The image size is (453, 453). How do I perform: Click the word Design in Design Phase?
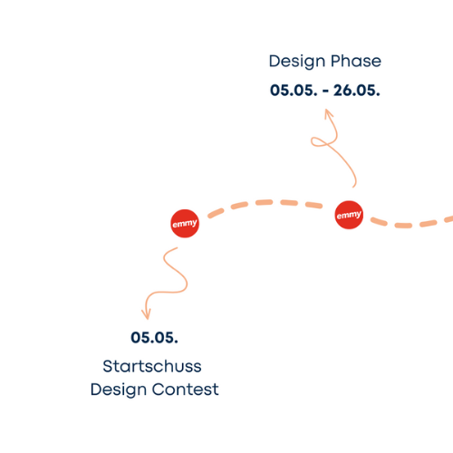297,62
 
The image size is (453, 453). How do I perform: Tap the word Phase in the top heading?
356,61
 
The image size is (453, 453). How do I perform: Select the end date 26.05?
357,91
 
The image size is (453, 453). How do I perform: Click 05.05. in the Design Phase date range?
294,91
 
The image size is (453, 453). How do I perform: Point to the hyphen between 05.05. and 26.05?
325,91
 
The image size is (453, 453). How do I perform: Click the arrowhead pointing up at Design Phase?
328,113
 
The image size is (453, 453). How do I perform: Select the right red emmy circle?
349,215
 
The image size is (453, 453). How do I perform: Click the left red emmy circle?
185,224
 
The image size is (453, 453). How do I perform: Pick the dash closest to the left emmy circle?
216,213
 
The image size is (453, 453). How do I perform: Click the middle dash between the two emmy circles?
265,202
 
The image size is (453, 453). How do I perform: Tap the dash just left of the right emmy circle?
313,206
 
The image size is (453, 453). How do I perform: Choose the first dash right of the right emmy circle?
379,221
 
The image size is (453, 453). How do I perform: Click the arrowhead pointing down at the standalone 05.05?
147,314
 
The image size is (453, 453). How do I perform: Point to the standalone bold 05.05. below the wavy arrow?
154,338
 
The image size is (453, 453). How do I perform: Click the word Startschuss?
152,366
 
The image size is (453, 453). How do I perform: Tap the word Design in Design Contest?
119,390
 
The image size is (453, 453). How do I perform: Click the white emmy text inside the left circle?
185,224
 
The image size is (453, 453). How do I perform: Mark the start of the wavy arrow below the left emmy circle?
178,247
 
